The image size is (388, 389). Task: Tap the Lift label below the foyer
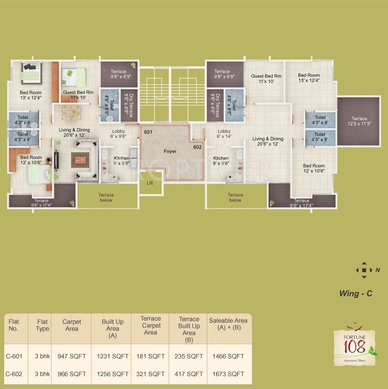tap(150, 183)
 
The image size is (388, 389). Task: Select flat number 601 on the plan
tap(148, 131)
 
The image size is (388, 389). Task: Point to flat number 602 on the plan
tap(198, 147)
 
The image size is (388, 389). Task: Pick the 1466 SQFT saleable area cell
tap(228, 356)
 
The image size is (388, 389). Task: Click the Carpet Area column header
tap(72, 325)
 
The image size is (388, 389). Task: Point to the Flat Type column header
tap(42, 325)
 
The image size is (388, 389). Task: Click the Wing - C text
tap(355, 294)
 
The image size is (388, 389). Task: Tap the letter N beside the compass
tap(377, 270)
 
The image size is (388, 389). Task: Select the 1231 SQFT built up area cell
tap(112, 356)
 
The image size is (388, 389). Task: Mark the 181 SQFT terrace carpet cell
tap(150, 356)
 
